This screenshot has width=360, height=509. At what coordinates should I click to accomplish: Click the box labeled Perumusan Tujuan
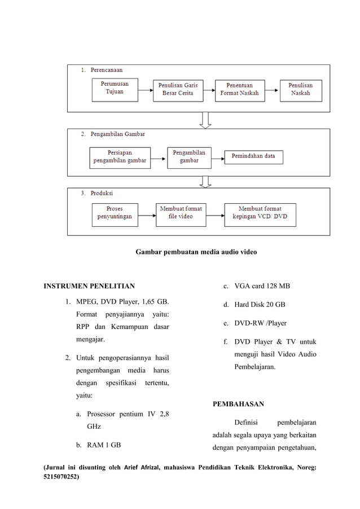(x=115, y=90)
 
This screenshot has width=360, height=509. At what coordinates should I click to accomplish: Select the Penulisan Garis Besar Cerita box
(x=177, y=90)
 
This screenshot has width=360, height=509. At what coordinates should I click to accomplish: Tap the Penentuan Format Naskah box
(x=239, y=90)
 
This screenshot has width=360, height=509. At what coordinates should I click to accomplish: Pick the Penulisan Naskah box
(x=301, y=90)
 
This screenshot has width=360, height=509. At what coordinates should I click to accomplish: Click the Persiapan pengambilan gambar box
(x=120, y=157)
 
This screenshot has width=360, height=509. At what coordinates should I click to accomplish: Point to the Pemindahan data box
(x=253, y=156)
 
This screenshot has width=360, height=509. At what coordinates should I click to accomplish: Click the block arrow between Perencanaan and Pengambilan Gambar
(x=205, y=120)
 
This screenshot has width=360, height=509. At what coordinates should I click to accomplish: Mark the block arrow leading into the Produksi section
(x=205, y=181)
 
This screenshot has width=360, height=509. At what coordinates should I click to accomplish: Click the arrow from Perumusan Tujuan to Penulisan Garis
(x=146, y=89)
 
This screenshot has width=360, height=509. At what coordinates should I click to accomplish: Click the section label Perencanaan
(x=106, y=70)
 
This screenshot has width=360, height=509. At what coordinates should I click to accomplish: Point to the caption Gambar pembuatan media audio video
(x=196, y=252)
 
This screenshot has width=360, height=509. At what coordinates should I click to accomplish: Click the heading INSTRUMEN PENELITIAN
(x=89, y=287)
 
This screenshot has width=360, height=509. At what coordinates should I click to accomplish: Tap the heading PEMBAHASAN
(x=238, y=404)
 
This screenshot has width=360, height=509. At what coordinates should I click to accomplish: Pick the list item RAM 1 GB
(x=104, y=445)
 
